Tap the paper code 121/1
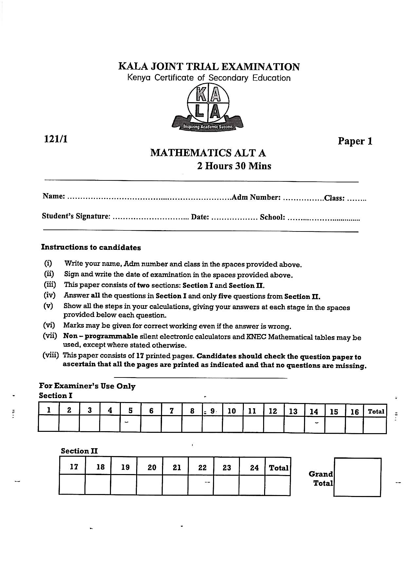(x=56, y=139)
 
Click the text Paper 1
(x=355, y=141)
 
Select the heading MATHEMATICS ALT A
(x=208, y=153)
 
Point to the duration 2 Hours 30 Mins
(x=234, y=166)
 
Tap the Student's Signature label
(x=76, y=216)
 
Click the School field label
(x=272, y=217)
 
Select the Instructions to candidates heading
(x=91, y=248)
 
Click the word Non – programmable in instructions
(x=100, y=336)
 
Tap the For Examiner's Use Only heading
(x=87, y=386)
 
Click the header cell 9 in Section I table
(x=212, y=411)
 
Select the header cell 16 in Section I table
(x=354, y=412)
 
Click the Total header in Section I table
(x=376, y=412)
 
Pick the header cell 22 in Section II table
(x=202, y=468)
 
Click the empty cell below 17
(x=72, y=485)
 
